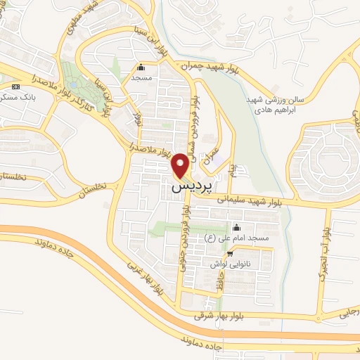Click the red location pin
pyautogui.click(x=181, y=165)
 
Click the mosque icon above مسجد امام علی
pyautogui.click(x=236, y=228)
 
